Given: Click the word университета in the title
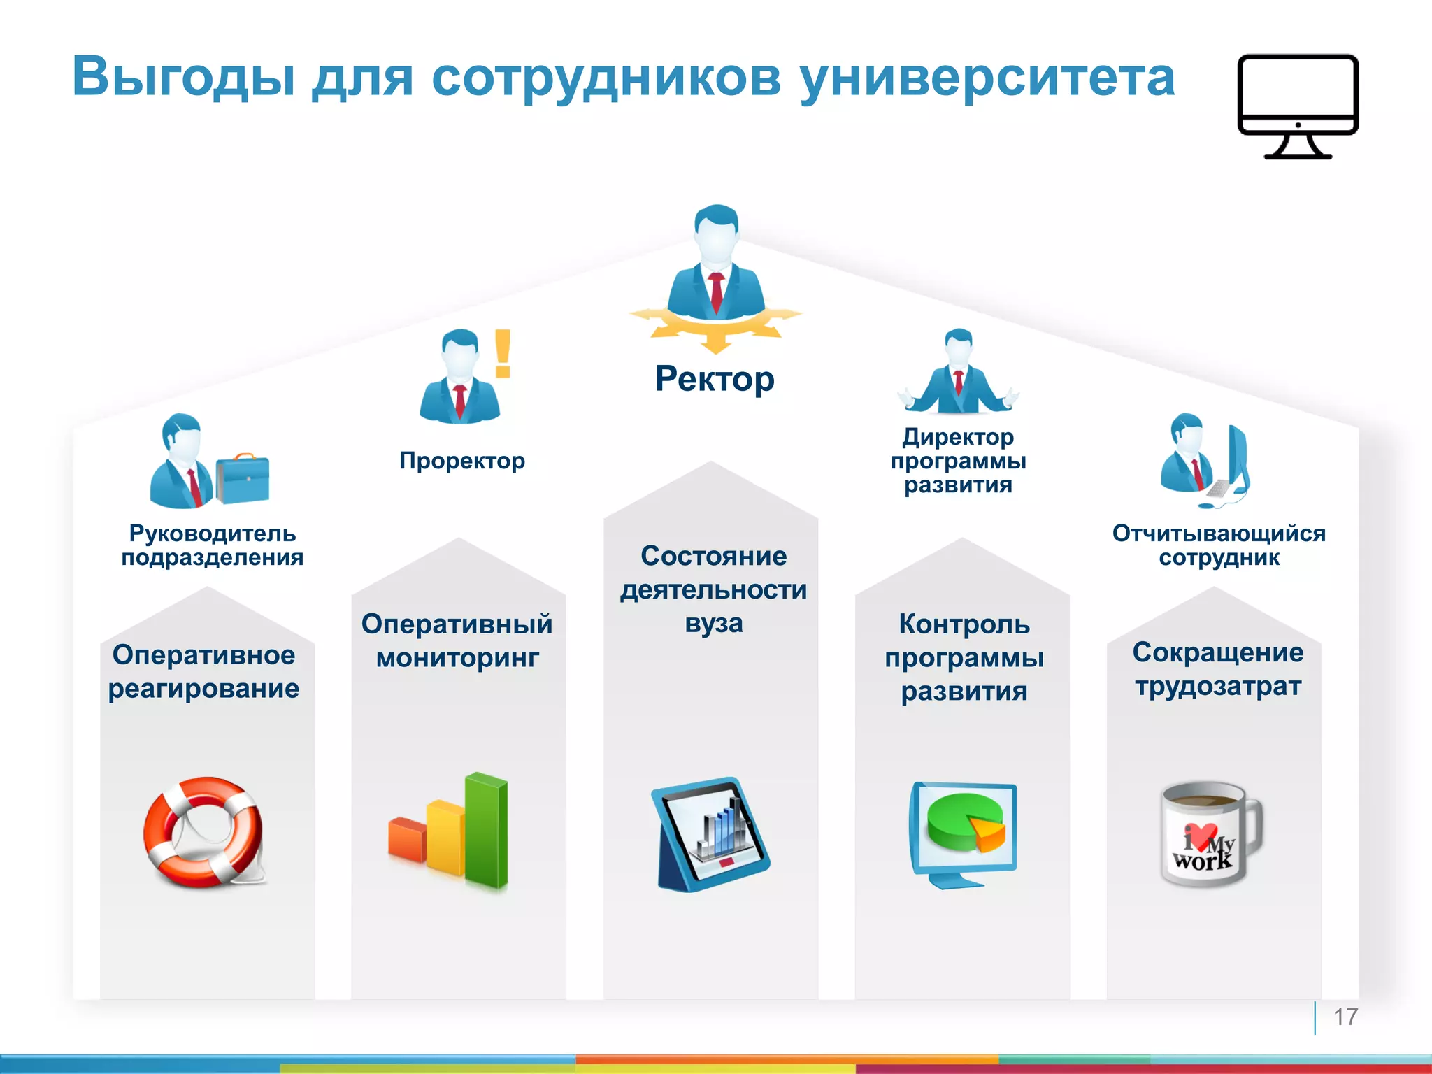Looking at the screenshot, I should (x=987, y=78).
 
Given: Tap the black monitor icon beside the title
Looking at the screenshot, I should (x=1297, y=105).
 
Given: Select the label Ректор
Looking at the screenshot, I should (x=715, y=380).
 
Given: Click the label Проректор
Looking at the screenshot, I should (x=461, y=461).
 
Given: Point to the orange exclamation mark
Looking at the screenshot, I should (x=503, y=354).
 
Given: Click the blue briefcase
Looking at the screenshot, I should (x=243, y=479).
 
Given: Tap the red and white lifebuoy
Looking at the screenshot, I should (x=203, y=832).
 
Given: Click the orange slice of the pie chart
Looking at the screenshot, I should (x=988, y=833).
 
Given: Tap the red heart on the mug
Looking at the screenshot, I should (x=1201, y=836).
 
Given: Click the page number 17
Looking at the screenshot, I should (x=1345, y=1017).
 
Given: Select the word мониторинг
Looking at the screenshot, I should (x=457, y=658).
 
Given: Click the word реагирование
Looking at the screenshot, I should (x=203, y=689).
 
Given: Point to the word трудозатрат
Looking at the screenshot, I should (x=1218, y=687).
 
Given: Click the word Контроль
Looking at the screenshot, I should (x=964, y=624).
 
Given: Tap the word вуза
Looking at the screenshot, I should (x=713, y=623).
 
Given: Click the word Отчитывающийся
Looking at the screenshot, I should (x=1219, y=534).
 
